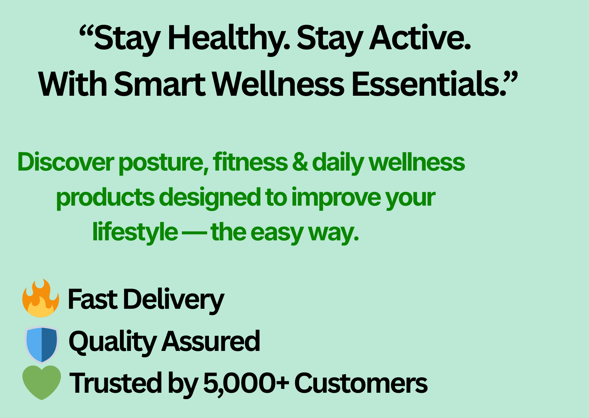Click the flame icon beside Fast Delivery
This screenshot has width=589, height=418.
click(40, 298)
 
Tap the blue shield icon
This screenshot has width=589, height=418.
click(42, 344)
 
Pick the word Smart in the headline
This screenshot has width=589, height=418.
click(160, 84)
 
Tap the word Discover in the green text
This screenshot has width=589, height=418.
click(66, 162)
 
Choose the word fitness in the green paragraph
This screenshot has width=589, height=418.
click(250, 162)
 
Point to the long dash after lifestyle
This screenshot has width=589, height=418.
click(194, 233)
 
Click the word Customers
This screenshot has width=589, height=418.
click(361, 383)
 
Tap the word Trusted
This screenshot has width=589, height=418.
click(116, 383)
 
